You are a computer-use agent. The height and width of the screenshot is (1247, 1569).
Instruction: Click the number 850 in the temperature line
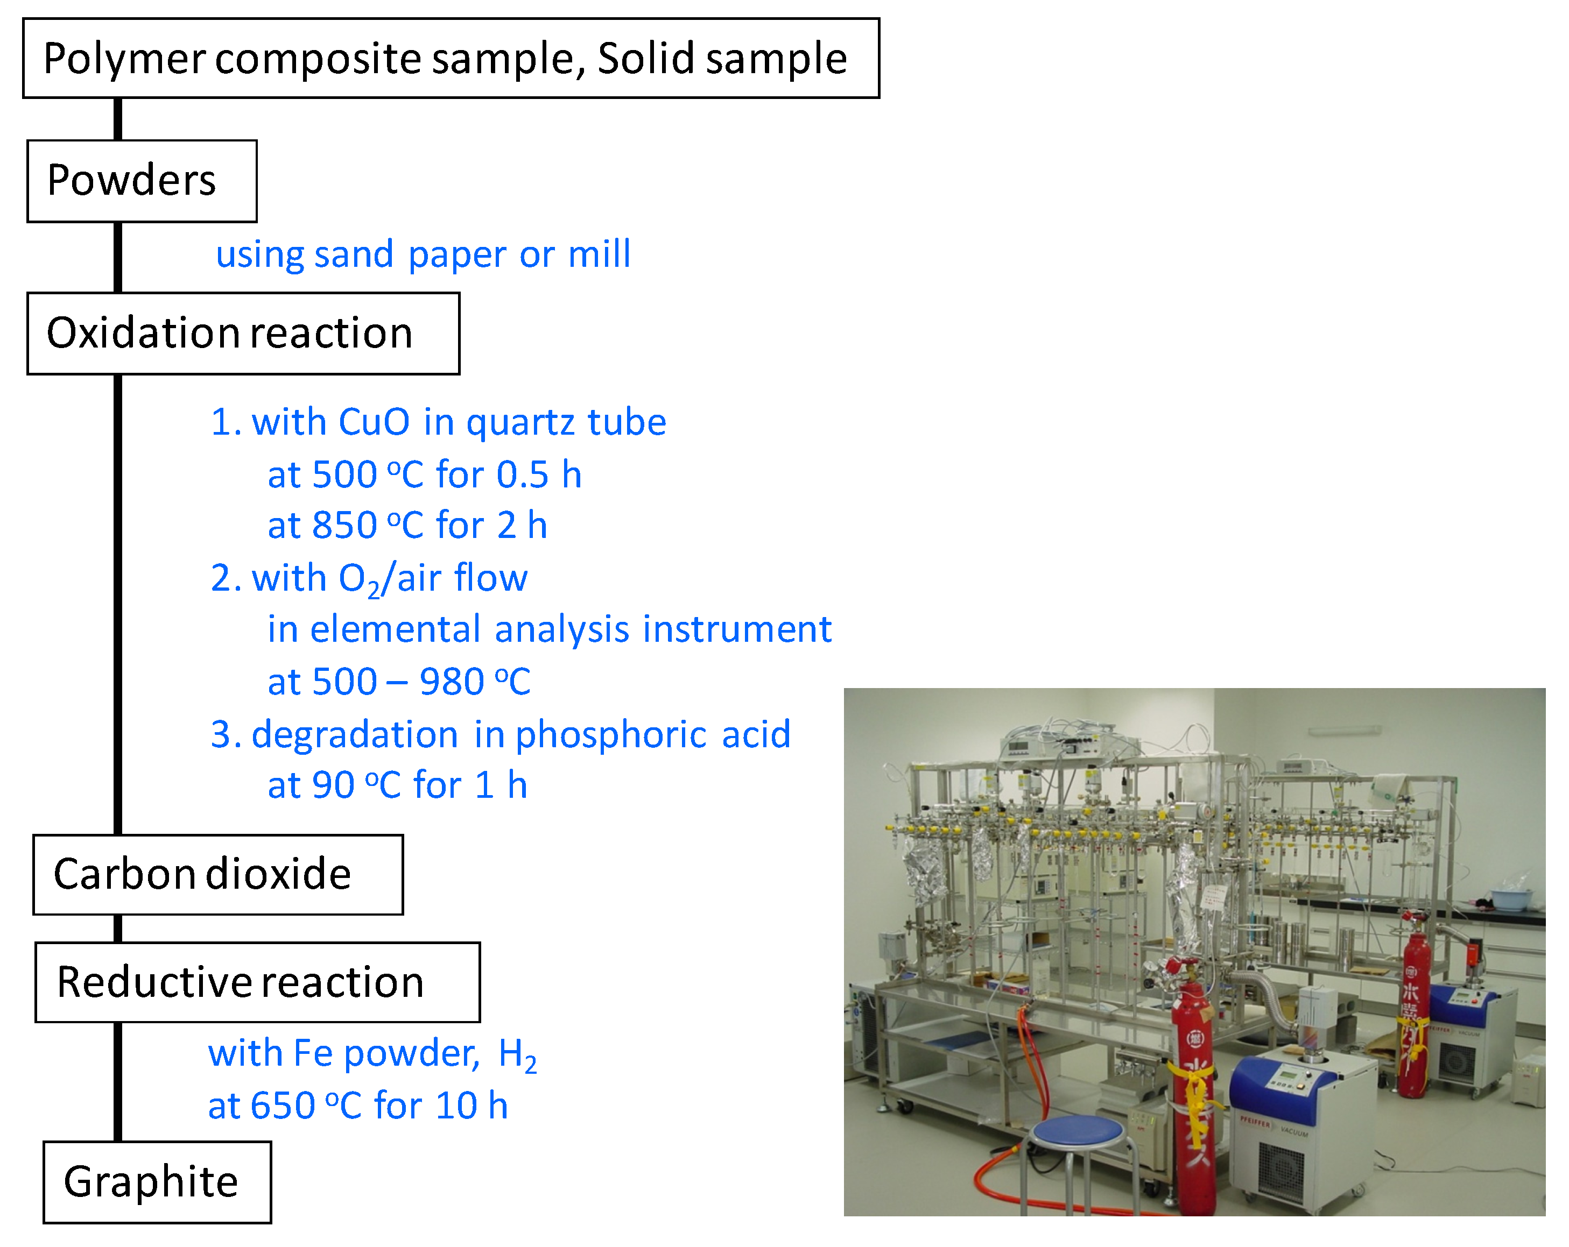point(344,525)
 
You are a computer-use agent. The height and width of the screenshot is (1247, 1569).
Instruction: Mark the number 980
point(451,682)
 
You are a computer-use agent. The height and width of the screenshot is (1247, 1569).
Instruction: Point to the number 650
point(283,1106)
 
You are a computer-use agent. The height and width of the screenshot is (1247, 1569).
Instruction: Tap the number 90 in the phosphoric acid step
point(333,785)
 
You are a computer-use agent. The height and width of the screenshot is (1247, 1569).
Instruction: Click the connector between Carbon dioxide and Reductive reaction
point(118,929)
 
